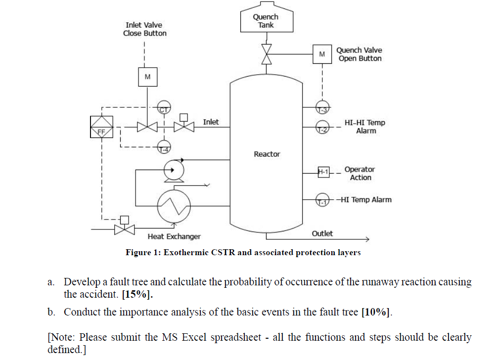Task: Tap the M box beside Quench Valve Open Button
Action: click(x=322, y=54)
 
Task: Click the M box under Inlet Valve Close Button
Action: click(x=147, y=77)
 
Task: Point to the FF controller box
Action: click(x=101, y=127)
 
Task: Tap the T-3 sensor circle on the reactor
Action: click(x=322, y=107)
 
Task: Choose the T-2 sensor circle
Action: click(x=322, y=127)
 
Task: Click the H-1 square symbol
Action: click(x=323, y=172)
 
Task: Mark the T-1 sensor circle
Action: click(x=322, y=200)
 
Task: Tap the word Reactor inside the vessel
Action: click(x=267, y=154)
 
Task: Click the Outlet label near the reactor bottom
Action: click(x=322, y=233)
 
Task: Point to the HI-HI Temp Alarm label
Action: click(x=365, y=127)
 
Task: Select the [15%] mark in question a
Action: click(x=137, y=295)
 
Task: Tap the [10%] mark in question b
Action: click(x=376, y=312)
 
